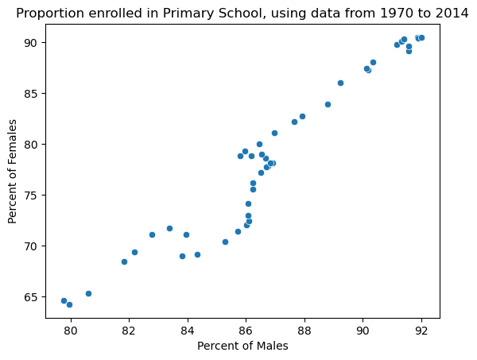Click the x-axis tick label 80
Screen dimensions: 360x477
[x=71, y=331]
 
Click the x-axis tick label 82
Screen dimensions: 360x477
[x=129, y=331]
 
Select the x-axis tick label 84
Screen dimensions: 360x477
[x=188, y=331]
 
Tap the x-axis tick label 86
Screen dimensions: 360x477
[x=246, y=331]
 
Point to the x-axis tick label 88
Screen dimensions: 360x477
[x=304, y=331]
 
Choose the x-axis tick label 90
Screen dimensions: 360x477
[x=363, y=331]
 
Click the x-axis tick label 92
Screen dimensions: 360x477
[x=421, y=331]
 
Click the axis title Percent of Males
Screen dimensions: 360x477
[x=242, y=346]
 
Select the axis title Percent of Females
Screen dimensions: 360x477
[x=13, y=171]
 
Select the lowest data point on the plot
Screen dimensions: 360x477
[x=69, y=304]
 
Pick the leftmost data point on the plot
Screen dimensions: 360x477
[x=64, y=300]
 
